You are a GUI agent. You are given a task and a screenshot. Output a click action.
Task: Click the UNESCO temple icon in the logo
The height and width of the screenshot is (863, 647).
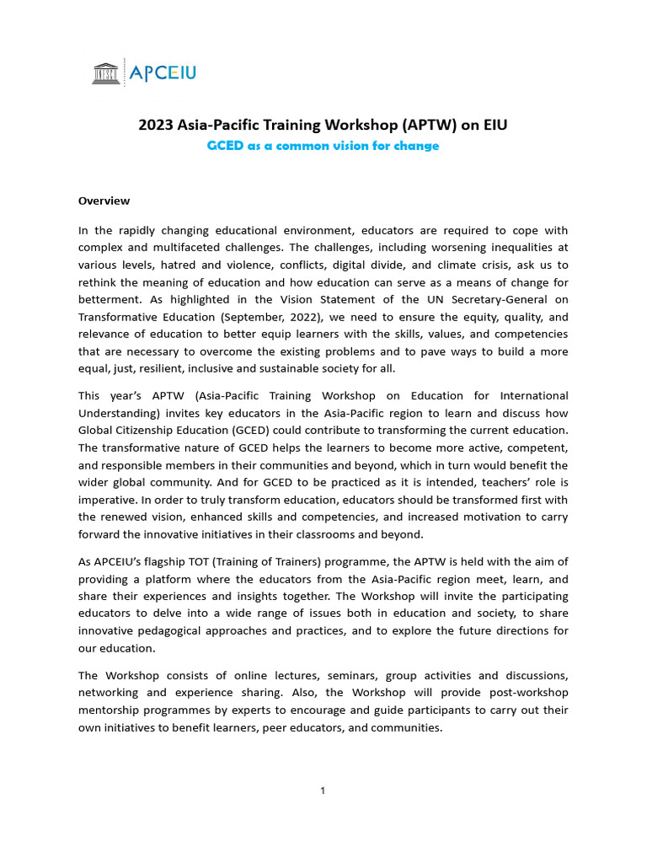pyautogui.click(x=106, y=73)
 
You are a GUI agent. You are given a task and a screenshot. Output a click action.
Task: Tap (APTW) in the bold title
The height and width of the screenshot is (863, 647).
pyautogui.click(x=429, y=126)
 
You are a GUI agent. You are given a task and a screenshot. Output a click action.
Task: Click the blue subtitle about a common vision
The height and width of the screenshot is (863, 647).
pyautogui.click(x=323, y=146)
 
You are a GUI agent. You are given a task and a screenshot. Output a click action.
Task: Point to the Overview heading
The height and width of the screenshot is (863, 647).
pyautogui.click(x=104, y=201)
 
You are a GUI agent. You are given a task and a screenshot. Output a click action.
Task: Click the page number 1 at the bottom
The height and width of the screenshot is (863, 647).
pyautogui.click(x=323, y=790)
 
